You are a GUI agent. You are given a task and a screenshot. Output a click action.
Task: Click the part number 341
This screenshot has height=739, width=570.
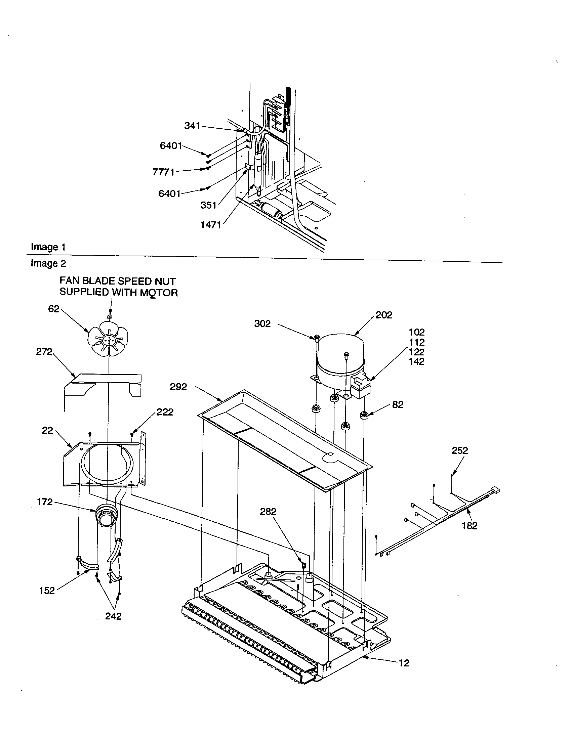[x=192, y=126]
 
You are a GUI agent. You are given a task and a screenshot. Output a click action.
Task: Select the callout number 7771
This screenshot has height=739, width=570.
[x=163, y=172]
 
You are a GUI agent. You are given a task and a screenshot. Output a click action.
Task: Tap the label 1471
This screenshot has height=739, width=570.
[x=210, y=225]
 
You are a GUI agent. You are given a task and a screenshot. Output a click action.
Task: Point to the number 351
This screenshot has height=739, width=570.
[x=208, y=205]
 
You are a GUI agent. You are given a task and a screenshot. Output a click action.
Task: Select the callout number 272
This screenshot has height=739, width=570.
[x=44, y=352]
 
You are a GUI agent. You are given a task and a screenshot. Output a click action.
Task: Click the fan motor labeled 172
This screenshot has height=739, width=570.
[x=106, y=516]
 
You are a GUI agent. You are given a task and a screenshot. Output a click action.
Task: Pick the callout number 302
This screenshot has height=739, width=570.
[x=262, y=324]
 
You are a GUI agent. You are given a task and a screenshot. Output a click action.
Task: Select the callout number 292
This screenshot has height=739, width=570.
[x=178, y=387]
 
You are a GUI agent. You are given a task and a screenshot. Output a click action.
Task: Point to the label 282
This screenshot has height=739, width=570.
[x=268, y=512]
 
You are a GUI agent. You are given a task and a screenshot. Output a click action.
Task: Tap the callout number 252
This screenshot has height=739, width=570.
[x=460, y=450]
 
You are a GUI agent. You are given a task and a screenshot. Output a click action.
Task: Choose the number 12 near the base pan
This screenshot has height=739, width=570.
[x=404, y=663]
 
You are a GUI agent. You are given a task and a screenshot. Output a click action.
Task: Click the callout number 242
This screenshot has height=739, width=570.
[x=113, y=616]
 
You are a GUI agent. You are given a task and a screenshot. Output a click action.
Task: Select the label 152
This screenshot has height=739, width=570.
[x=47, y=591]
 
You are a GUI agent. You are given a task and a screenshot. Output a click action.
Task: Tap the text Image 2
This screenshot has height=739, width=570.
[x=48, y=263]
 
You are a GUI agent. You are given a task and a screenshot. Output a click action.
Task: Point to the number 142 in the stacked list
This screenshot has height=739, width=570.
[x=416, y=361]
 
